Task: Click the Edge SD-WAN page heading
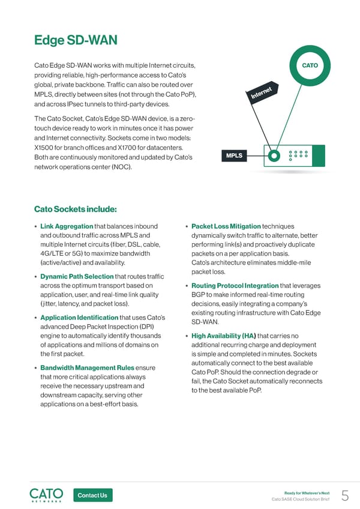tap(76, 40)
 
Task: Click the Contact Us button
tap(92, 495)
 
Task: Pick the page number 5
tap(345, 495)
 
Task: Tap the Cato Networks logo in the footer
tap(46, 495)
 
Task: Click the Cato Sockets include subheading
tap(75, 209)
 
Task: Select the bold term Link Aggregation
tap(66, 226)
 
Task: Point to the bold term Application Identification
tap(79, 318)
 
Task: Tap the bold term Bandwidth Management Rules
tap(88, 367)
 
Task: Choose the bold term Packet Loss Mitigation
tap(226, 226)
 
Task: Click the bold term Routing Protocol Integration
tap(235, 286)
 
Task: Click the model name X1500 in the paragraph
tap(46, 148)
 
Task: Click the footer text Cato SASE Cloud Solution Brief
tap(300, 499)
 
